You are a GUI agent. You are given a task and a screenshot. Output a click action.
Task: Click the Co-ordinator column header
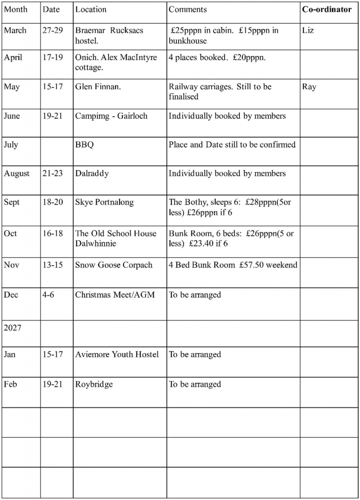(x=327, y=9)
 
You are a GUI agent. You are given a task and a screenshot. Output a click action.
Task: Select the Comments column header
(x=188, y=9)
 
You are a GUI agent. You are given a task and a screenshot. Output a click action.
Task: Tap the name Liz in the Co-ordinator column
(x=308, y=30)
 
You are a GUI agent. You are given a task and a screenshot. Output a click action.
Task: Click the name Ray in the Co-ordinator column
(x=309, y=87)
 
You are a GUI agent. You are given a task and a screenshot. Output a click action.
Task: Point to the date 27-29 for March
(x=52, y=30)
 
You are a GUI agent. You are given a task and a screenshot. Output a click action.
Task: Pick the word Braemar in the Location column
(x=91, y=30)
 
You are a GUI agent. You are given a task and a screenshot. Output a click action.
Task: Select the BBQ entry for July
(x=84, y=145)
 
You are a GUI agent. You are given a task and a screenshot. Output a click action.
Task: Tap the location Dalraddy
(x=92, y=173)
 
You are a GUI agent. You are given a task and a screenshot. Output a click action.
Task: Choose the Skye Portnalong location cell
(x=104, y=202)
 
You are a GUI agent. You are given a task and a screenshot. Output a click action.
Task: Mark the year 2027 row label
(x=13, y=328)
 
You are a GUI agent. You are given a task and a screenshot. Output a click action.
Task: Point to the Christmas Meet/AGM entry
(x=115, y=295)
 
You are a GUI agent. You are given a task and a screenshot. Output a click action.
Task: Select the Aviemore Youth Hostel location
(x=117, y=354)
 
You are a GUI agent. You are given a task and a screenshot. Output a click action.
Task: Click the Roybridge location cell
(x=94, y=384)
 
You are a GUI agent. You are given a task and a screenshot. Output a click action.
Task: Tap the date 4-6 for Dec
(x=48, y=295)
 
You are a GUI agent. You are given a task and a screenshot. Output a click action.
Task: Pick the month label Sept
(x=12, y=202)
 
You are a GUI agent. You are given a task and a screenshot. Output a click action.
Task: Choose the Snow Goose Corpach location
(x=113, y=265)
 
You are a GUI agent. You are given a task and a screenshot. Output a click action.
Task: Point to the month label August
(x=17, y=173)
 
